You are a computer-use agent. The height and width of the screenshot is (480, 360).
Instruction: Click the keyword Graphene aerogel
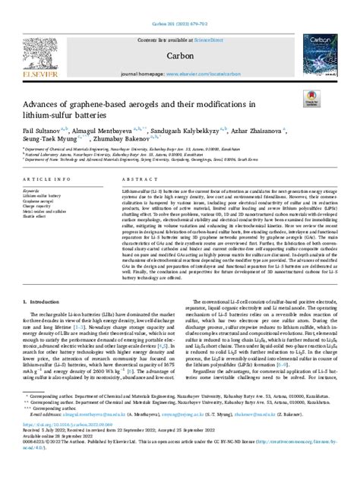pyautogui.click(x=41, y=199)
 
